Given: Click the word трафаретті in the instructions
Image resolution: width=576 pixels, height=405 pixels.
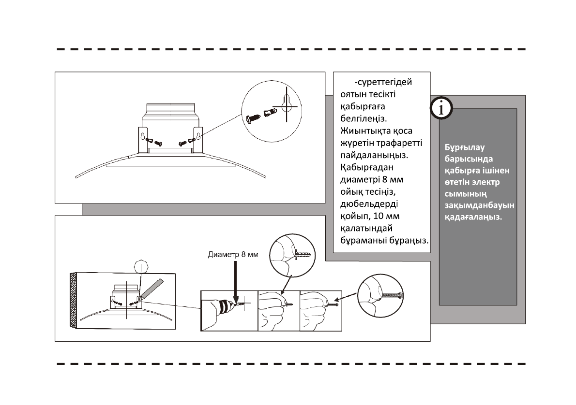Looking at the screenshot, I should (397, 144).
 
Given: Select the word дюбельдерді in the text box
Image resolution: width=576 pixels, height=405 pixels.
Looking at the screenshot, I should (367, 203).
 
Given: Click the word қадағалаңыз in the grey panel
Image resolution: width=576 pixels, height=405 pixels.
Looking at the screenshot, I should (473, 217).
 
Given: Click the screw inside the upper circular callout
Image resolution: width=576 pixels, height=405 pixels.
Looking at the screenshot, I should (253, 117).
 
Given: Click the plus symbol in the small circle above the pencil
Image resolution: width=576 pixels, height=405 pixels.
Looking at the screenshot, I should (141, 267).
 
